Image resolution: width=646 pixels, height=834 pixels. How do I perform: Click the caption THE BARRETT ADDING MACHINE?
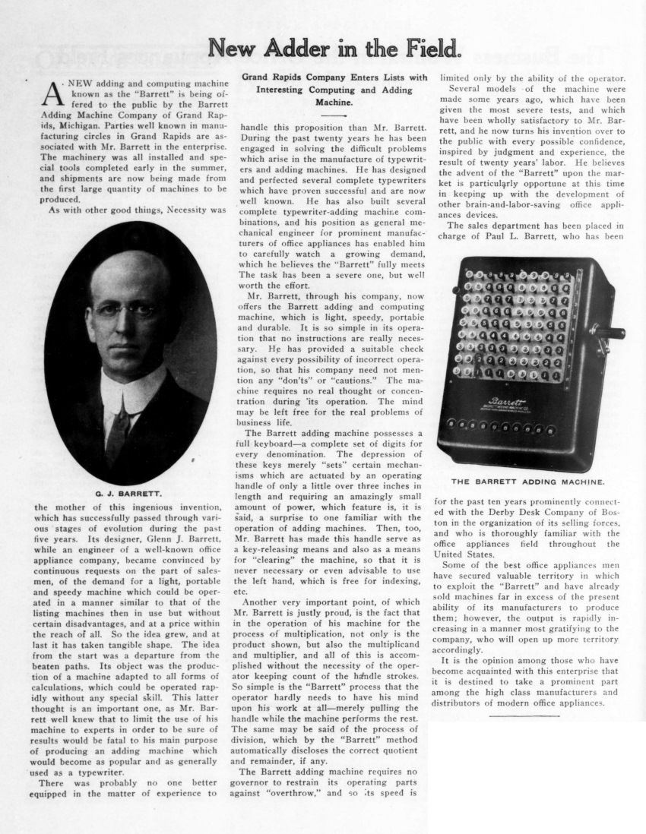tap(528, 481)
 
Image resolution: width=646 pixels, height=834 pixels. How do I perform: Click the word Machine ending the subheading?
tap(334, 101)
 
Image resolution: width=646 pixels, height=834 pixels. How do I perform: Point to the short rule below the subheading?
tap(334, 115)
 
